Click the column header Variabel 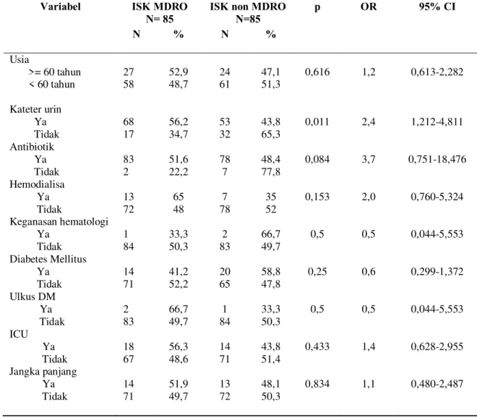pos(61,7)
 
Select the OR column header pos(369,7)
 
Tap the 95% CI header pos(437,7)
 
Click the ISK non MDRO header pos(248,7)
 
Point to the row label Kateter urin pos(35,109)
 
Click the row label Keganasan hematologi pos(59,222)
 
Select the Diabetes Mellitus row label pos(48,259)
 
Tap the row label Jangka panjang pos(43,372)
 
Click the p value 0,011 pos(317,121)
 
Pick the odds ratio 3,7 pos(369,159)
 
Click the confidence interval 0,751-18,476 pos(437,159)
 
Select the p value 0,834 pos(317,384)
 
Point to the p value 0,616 pos(317,72)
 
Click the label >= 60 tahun pos(55,72)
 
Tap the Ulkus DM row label pos(33,297)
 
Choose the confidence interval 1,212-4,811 pos(437,121)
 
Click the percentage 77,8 pos(271,172)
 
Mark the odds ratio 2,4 pos(369,121)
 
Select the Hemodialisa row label pos(37,184)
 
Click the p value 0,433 pos(317,346)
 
